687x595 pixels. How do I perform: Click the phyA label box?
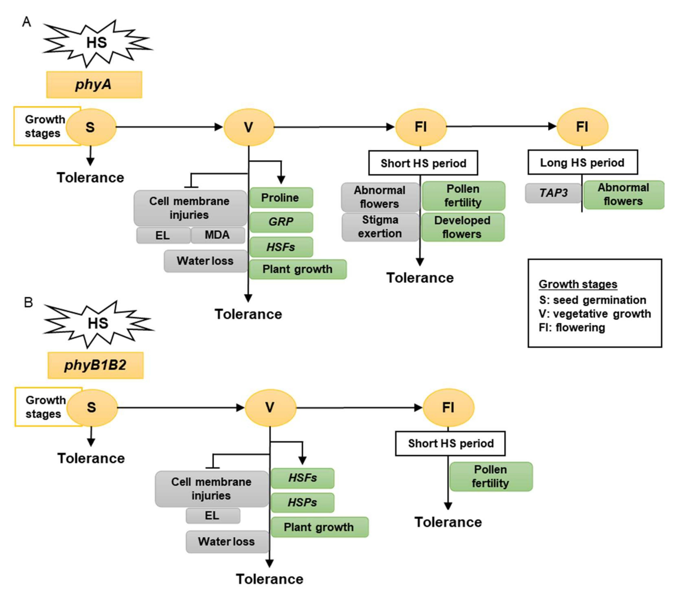point(94,85)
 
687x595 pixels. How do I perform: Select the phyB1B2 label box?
point(96,365)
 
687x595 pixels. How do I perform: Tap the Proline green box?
point(281,198)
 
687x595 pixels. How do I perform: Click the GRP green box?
point(281,222)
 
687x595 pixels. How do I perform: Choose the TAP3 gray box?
point(553,193)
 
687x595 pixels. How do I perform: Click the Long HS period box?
point(583,162)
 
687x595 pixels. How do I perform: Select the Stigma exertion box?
point(380,227)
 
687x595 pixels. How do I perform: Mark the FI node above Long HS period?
point(582,127)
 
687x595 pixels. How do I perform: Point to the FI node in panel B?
point(448,407)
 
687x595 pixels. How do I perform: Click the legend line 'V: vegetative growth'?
point(595,314)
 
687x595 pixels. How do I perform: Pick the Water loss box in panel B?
point(227,542)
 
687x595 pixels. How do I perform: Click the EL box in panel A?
point(163,235)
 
